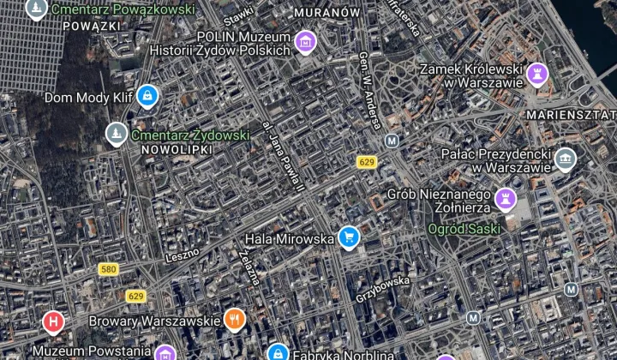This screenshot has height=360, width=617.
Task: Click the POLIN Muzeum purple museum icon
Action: tap(304, 40)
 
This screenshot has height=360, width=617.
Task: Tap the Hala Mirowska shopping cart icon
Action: tap(348, 237)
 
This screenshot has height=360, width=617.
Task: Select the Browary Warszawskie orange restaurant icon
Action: tap(235, 320)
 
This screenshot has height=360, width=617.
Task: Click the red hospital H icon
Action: tap(53, 321)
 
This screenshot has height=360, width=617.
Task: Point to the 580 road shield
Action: tap(108, 269)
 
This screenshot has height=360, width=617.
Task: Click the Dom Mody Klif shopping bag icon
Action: tap(147, 94)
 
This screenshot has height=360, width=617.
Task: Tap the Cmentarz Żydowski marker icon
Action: tap(116, 133)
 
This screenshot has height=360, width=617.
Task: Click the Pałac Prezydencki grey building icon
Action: tap(565, 158)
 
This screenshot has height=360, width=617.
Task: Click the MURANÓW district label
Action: tap(326, 14)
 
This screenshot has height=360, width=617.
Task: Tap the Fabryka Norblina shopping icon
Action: tap(277, 352)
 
